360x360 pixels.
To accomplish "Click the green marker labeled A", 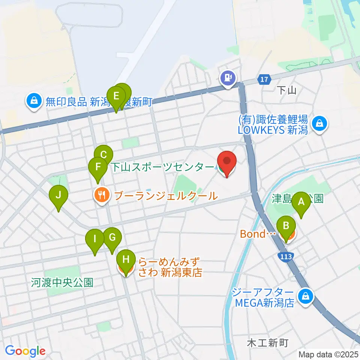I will point(301,203).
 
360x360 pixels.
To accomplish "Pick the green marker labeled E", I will point(116,96).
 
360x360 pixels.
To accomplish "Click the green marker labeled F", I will point(98,167).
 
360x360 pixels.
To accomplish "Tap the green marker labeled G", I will point(112,238).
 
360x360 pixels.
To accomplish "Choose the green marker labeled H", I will point(126,260).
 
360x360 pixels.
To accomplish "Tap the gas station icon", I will point(228,78).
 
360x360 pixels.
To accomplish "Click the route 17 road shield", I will point(264,79).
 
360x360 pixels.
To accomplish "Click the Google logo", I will point(25,351).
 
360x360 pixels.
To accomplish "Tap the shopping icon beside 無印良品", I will point(34,101).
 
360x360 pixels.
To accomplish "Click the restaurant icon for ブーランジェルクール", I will point(102,195).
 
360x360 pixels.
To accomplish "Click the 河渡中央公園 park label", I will point(62,282).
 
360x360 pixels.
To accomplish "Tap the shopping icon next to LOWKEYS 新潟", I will point(320,124).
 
